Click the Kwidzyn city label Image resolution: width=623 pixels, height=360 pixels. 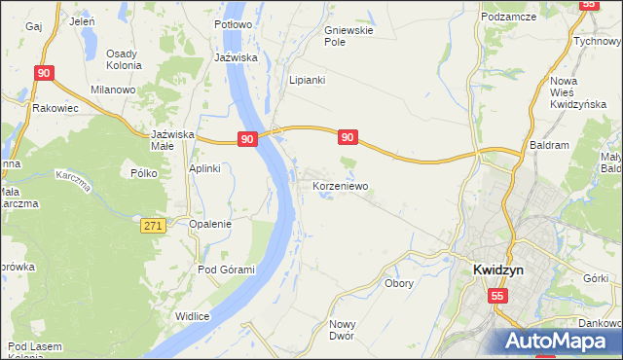tap(499, 271)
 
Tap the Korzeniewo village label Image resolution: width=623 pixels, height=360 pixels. tap(340, 184)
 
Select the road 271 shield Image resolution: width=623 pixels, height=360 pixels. tap(152, 225)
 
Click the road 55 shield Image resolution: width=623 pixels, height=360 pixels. tap(497, 295)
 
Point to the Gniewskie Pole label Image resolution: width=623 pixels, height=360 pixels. tap(348, 36)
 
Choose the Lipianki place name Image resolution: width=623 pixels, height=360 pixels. tap(307, 80)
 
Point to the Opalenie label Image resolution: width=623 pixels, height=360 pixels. tap(210, 223)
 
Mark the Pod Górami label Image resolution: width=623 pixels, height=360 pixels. tap(226, 270)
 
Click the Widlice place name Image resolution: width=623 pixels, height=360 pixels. tap(193, 315)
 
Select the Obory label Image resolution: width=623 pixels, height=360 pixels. tap(399, 284)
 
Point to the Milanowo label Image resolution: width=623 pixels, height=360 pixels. tap(112, 90)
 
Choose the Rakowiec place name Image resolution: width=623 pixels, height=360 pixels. tap(54, 108)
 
